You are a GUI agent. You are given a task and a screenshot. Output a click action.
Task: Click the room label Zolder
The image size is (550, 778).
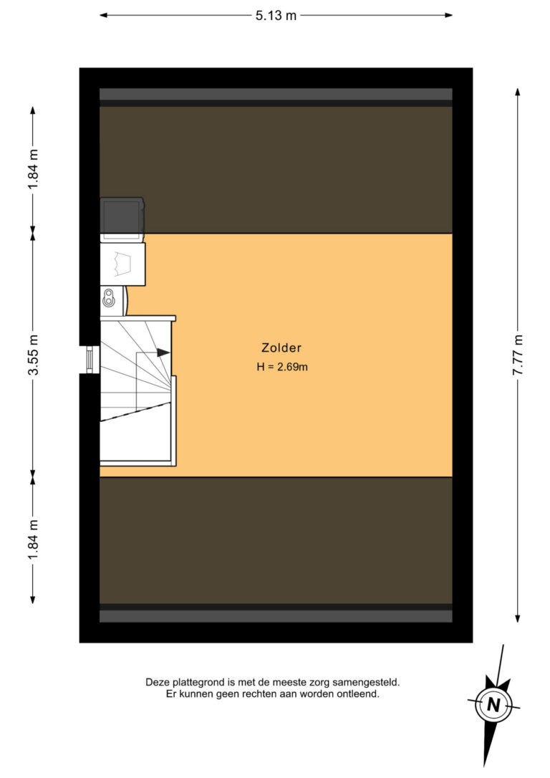(x=281, y=348)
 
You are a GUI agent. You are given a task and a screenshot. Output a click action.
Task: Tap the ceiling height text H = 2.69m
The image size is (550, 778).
(x=282, y=368)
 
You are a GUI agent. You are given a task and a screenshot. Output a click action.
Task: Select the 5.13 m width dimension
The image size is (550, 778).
(x=276, y=15)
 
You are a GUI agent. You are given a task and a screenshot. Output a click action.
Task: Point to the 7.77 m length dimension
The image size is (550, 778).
(x=518, y=355)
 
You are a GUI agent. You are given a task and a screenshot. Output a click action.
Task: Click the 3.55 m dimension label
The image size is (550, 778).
(x=33, y=355)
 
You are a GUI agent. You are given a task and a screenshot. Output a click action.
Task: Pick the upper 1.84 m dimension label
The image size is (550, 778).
(x=33, y=169)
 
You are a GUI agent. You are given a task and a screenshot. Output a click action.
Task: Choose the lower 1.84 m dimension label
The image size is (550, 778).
(x=33, y=540)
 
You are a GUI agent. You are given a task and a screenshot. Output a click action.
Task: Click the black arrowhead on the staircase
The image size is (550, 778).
(x=163, y=352)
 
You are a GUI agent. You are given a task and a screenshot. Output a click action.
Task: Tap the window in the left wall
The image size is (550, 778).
(x=90, y=359)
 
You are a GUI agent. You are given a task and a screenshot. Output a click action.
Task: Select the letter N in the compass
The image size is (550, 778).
(x=493, y=704)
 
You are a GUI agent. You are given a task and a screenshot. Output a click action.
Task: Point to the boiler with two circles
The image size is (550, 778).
(x=113, y=300)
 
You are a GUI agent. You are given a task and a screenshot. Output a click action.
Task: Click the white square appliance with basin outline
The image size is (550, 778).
(x=123, y=264)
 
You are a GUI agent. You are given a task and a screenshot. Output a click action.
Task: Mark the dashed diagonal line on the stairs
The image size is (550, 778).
(x=135, y=412)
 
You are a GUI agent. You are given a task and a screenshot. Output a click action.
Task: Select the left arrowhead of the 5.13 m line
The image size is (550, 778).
(x=104, y=15)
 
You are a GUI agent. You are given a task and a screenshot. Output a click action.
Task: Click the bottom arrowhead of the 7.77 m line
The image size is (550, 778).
(x=518, y=618)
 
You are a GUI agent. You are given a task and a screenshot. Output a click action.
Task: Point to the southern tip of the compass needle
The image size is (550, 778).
(x=485, y=766)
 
